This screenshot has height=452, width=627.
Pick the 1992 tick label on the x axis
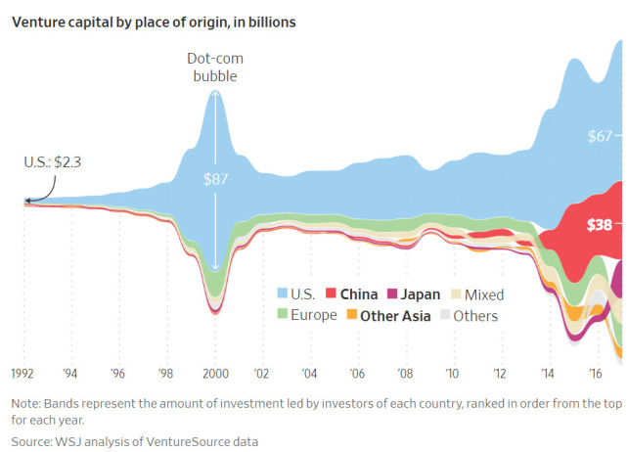(x=24, y=374)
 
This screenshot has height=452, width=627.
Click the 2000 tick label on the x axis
(x=214, y=374)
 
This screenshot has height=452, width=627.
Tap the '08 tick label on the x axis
(x=404, y=374)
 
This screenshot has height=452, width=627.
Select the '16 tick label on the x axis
(x=594, y=374)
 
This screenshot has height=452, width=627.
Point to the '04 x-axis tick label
(x=309, y=374)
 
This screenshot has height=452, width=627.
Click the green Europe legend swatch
(x=283, y=315)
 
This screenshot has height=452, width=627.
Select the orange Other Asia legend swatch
(x=350, y=315)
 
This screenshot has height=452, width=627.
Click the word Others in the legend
(x=475, y=315)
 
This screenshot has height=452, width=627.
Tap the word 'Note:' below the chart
(x=29, y=403)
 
